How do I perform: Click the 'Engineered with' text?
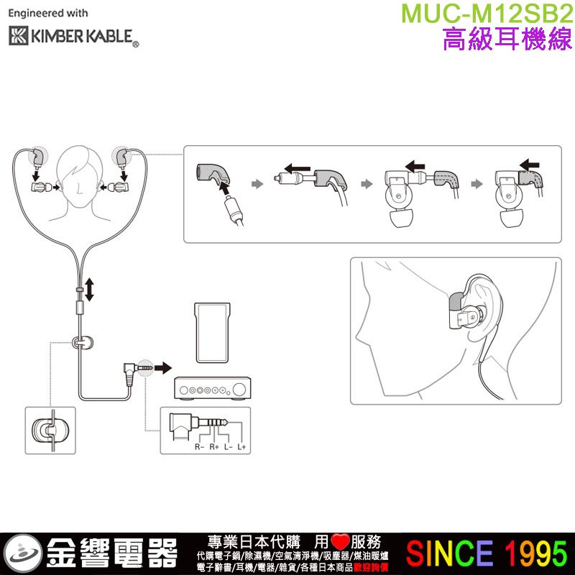pyautogui.click(x=48, y=13)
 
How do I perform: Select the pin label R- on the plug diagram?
pyautogui.click(x=199, y=447)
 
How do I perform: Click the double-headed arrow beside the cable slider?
pyautogui.click(x=89, y=289)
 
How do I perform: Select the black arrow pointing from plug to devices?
pyautogui.click(x=164, y=368)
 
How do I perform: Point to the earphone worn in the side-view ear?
pyautogui.click(x=466, y=316)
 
